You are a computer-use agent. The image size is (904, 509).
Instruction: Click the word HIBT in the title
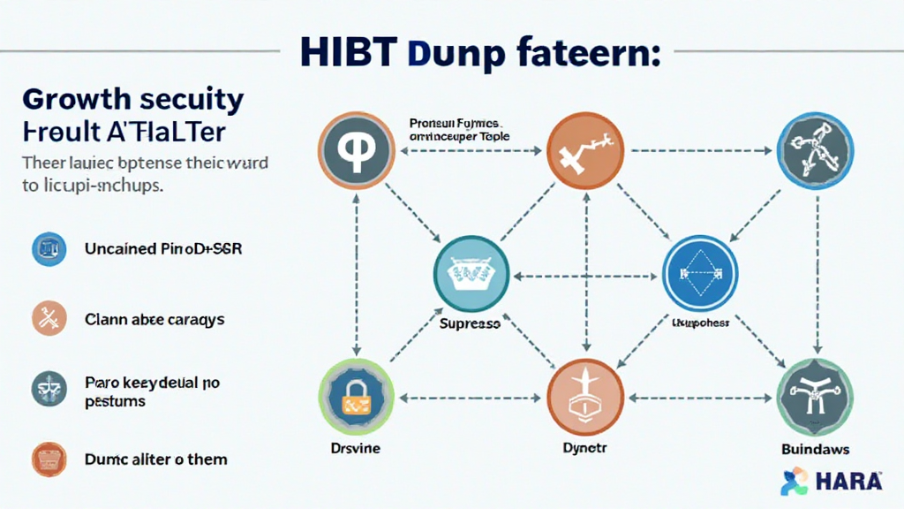[x=348, y=52]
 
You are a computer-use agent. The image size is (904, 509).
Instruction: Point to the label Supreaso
[x=470, y=324]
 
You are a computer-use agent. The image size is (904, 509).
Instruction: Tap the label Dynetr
[x=584, y=449]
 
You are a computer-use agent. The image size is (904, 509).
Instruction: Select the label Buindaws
[x=814, y=449]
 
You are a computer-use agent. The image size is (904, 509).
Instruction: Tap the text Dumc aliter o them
[x=155, y=460]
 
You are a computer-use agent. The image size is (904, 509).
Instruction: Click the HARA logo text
[x=847, y=482]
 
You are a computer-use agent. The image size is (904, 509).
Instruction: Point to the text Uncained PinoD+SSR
[x=163, y=250]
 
